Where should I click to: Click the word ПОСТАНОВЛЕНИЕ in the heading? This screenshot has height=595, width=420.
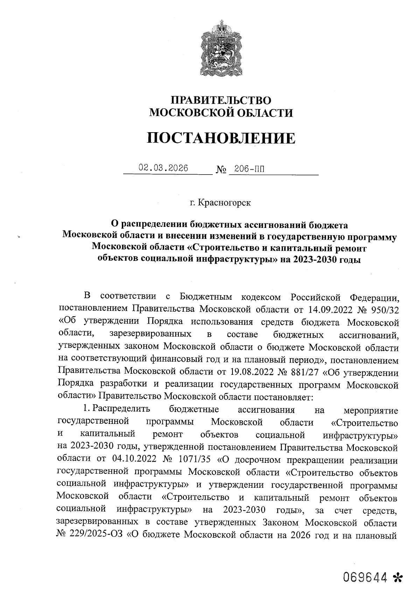[220, 138]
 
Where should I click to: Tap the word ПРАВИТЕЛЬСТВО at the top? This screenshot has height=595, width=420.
[220, 100]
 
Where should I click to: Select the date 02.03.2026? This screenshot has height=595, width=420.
[163, 168]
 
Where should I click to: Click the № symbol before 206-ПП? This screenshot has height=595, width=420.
[222, 170]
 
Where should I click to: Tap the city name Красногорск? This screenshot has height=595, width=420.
[224, 203]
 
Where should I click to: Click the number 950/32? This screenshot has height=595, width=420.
[383, 310]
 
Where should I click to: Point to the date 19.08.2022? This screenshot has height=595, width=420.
[254, 372]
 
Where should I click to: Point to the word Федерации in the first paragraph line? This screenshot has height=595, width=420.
[374, 298]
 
